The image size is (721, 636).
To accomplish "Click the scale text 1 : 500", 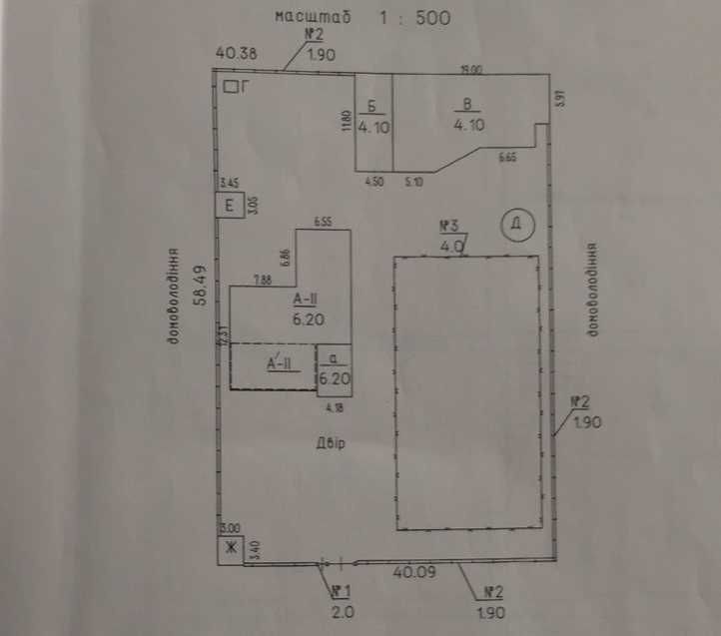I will (x=413, y=17).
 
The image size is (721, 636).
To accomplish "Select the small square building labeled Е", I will (x=230, y=206).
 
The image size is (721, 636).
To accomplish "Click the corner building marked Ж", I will (x=230, y=549).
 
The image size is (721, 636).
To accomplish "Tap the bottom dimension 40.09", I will (x=412, y=573).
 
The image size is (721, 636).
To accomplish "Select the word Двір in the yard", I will (x=329, y=442).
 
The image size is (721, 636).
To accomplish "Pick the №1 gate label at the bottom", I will (x=344, y=589).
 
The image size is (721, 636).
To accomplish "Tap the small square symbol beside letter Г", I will (x=231, y=88).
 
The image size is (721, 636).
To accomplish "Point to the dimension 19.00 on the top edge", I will (x=471, y=70).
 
